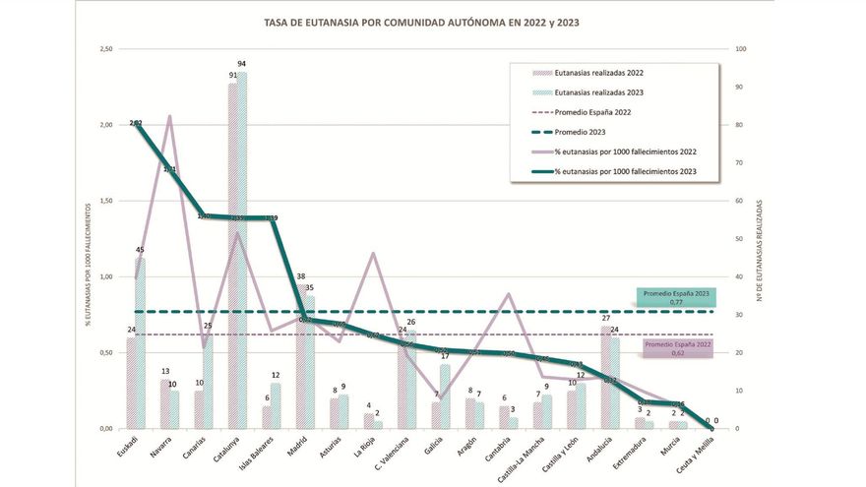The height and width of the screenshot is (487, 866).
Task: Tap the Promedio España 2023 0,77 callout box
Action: coord(675,298)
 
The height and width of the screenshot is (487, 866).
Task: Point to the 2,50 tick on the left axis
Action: coord(102,49)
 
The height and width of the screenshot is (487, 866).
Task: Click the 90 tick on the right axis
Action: coord(739,88)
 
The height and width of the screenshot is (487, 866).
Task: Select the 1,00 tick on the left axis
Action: coord(102,277)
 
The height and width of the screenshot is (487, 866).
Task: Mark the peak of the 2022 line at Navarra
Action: coord(168,116)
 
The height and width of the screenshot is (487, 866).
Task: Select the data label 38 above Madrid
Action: coord(299,276)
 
